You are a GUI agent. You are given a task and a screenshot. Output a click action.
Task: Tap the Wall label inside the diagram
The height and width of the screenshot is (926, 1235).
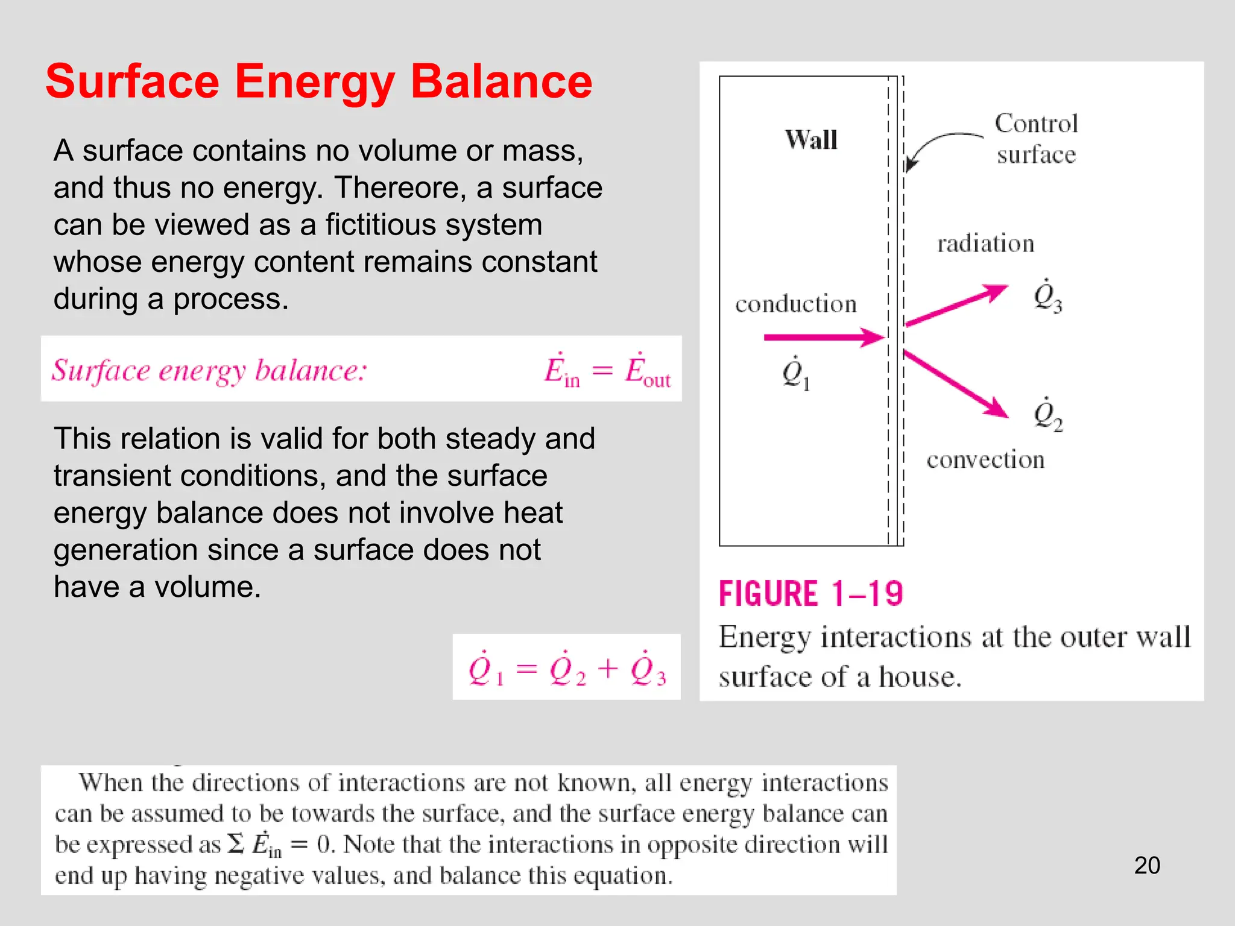(x=811, y=140)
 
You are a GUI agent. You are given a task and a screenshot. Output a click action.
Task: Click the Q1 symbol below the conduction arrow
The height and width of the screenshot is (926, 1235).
(x=795, y=374)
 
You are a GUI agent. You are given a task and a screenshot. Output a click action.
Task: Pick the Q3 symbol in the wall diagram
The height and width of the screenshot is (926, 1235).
(x=1047, y=297)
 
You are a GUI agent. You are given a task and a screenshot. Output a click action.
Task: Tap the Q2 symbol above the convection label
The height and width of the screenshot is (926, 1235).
(x=1047, y=415)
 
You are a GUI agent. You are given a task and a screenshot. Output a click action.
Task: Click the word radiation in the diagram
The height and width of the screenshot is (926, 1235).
(x=985, y=244)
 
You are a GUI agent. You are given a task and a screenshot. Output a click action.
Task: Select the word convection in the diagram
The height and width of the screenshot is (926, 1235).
(x=985, y=460)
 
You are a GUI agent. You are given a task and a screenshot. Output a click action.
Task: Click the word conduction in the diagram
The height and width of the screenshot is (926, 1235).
(x=795, y=304)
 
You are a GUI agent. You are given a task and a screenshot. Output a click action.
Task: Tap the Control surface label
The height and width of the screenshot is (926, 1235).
(x=1036, y=139)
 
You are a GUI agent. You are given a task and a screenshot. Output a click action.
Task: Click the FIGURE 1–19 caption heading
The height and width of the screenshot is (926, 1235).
(x=810, y=594)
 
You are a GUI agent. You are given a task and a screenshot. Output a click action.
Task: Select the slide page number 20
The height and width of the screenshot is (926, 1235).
(x=1147, y=865)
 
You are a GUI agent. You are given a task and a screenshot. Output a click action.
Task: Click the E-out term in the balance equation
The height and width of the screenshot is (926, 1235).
(x=648, y=371)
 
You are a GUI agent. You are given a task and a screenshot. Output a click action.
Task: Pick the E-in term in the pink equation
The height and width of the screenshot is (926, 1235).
(x=561, y=371)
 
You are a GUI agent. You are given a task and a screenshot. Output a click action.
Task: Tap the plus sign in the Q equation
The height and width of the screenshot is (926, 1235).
(x=608, y=669)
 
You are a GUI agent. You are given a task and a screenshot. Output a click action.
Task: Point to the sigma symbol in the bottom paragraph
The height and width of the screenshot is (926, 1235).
(x=236, y=844)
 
